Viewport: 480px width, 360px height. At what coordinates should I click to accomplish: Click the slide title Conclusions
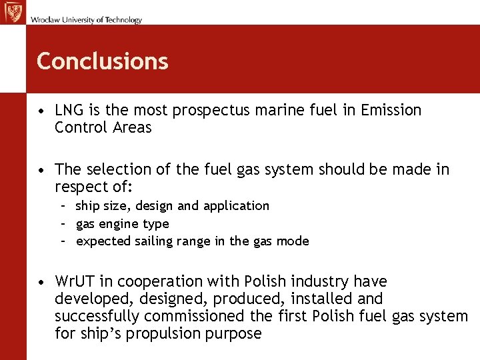[102, 61]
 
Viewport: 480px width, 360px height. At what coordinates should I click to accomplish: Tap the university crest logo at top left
[13, 13]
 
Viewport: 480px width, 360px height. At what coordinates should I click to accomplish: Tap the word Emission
[391, 110]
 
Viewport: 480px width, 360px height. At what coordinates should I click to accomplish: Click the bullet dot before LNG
[41, 111]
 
